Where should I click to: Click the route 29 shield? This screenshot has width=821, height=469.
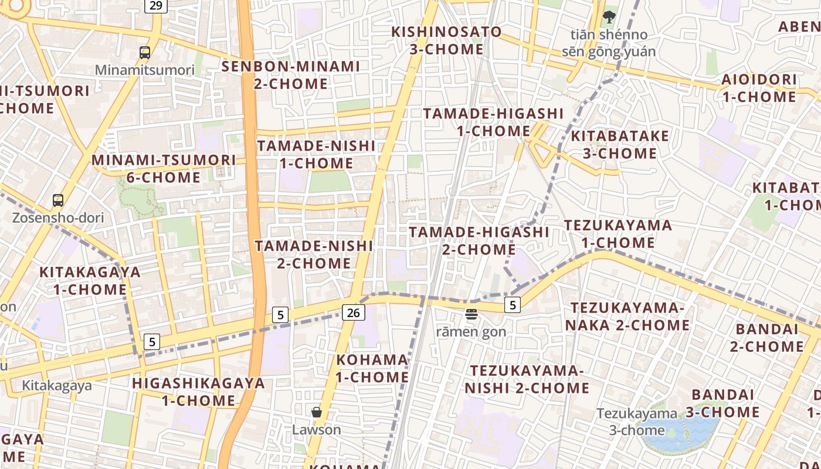coord(155,5)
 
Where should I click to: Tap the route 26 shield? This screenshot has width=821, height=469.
coord(353,312)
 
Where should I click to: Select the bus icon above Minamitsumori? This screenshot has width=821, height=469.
coord(145,53)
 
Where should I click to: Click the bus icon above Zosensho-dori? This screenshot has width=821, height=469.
coord(58,200)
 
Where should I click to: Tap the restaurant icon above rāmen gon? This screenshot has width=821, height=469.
coord(471,315)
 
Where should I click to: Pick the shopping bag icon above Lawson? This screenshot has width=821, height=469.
coord(317,412)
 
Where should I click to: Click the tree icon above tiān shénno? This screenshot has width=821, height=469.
coord(609,16)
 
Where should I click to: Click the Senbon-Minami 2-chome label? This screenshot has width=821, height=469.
coord(290,75)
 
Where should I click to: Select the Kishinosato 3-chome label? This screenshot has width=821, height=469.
coord(447,40)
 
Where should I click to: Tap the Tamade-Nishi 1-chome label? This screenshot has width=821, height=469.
coord(315,154)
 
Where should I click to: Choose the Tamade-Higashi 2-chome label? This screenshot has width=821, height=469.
coord(479,241)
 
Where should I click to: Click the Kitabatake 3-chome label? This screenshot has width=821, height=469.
coord(620,145)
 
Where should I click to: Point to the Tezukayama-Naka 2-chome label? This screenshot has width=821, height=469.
coord(629,317)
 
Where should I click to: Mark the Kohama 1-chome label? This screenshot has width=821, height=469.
coord(372,368)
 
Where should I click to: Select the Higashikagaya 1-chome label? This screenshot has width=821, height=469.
coord(198,392)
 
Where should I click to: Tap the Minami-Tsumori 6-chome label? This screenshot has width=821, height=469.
coord(164,168)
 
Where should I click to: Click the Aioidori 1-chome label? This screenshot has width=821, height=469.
coord(759,88)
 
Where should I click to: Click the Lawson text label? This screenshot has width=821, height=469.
coord(317,430)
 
